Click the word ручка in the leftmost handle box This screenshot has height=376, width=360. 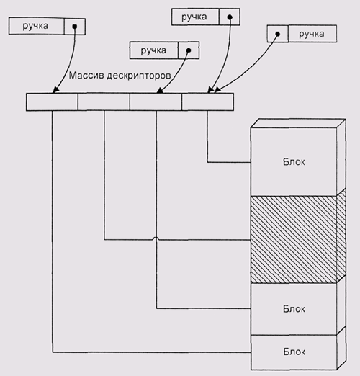[x=35, y=26]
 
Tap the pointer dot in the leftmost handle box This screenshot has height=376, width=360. [x=75, y=26]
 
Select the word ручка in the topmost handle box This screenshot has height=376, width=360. [x=194, y=17]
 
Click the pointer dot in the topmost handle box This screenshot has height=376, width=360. [x=230, y=17]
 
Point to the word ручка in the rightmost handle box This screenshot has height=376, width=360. [x=312, y=34]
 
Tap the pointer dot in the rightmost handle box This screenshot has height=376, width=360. [x=278, y=34]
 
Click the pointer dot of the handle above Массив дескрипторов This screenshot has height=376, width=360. [x=189, y=50]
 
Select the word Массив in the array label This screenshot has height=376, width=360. [x=86, y=76]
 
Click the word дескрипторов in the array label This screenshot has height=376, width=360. [x=139, y=76]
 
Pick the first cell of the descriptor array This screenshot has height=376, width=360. [x=52, y=102]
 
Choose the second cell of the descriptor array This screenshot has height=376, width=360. [x=104, y=102]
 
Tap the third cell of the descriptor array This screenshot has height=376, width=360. [x=156, y=102]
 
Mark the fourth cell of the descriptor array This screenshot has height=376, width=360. [x=207, y=102]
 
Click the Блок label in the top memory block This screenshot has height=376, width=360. [x=294, y=162]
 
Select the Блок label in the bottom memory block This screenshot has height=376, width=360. [x=294, y=352]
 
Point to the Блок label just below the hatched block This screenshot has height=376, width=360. [x=294, y=309]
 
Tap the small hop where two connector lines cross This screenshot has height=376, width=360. [x=156, y=238]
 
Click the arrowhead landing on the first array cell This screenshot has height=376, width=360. [x=55, y=90]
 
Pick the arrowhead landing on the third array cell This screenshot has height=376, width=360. [x=160, y=90]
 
